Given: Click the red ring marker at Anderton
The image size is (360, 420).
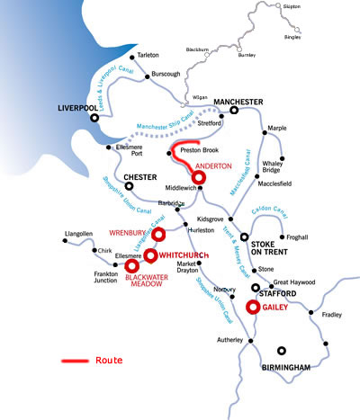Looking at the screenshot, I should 199,178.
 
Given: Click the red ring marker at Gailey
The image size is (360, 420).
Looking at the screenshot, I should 253,308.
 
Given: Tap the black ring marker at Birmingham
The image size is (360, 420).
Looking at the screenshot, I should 283,352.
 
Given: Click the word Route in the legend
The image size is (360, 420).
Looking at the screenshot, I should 108,360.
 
